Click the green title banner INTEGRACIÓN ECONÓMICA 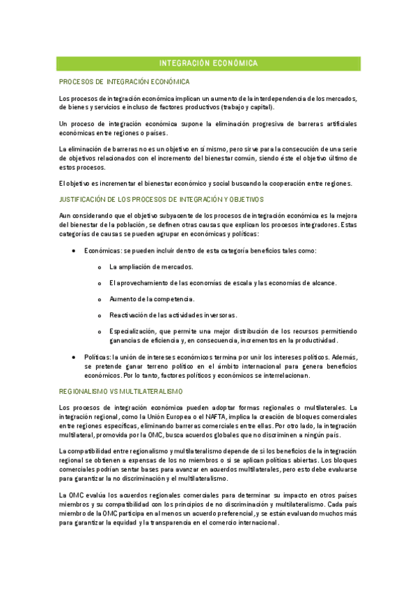point(208,63)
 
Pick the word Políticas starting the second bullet point(95,357)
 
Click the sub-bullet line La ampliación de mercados point(151,266)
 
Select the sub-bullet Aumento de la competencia point(151,298)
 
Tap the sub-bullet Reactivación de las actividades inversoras point(173,314)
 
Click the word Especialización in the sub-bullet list point(132,331)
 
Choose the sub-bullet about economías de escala point(223,282)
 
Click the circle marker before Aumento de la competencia point(100,299)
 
